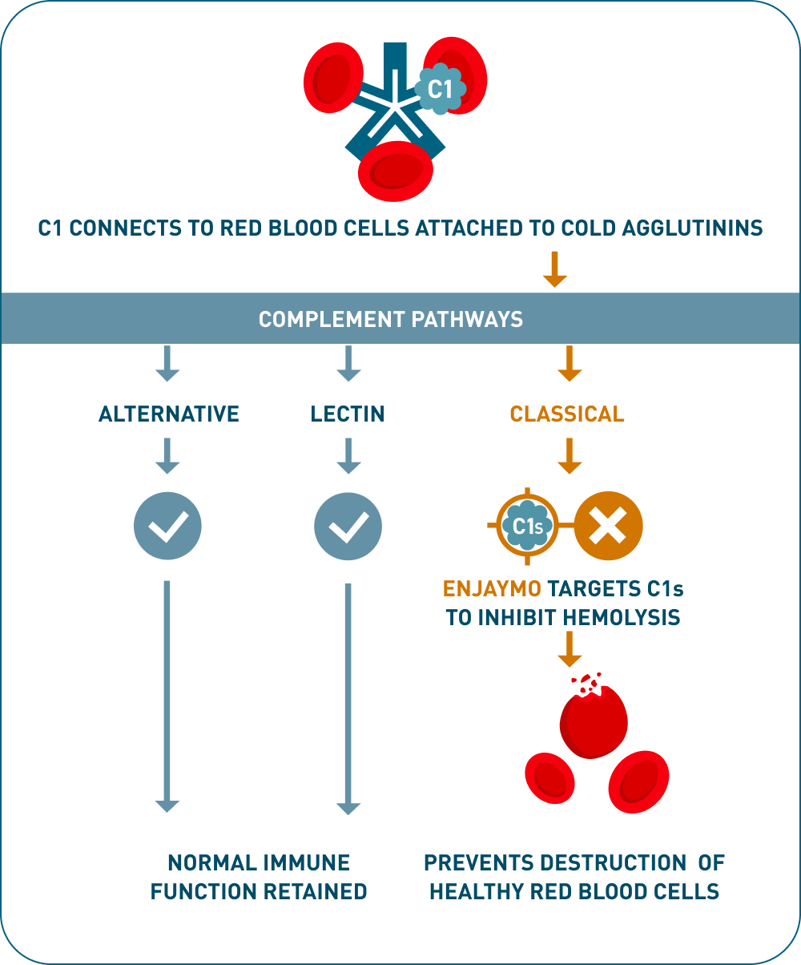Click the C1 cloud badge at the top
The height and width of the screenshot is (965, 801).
pos(440,89)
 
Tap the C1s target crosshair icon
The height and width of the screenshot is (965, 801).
pos(528,526)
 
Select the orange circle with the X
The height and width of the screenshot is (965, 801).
pos(609,526)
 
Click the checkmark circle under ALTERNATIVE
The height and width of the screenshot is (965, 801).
pos(167,526)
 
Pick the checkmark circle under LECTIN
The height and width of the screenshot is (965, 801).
pos(348,526)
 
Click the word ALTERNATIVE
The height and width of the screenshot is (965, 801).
pos(169,414)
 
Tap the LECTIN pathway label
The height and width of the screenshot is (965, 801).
pos(348,414)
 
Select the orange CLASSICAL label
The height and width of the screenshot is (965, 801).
pos(567,414)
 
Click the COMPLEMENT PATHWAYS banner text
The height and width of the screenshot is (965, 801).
pos(391,319)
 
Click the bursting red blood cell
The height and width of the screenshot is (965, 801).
pos(593,719)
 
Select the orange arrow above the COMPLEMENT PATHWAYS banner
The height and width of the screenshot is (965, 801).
pos(554,270)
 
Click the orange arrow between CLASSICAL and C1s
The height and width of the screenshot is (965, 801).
pos(569,455)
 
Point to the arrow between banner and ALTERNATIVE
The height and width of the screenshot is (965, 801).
pos(167,363)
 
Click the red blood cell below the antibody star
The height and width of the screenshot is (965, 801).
pos(396,170)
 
